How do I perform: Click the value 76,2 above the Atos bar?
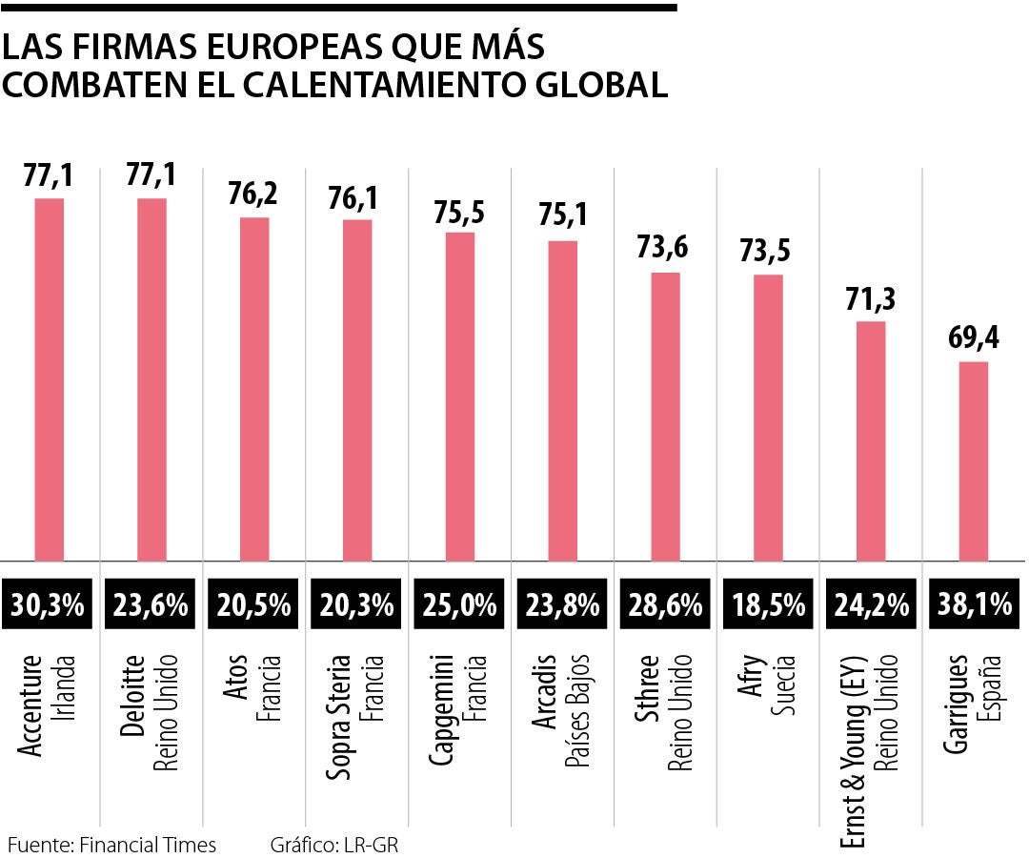click(x=254, y=194)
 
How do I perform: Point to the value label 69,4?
click(x=973, y=338)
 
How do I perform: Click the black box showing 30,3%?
click(x=50, y=605)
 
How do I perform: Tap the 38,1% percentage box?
click(x=973, y=605)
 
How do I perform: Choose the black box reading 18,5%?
click(x=768, y=605)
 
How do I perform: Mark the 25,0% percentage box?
click(x=460, y=605)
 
